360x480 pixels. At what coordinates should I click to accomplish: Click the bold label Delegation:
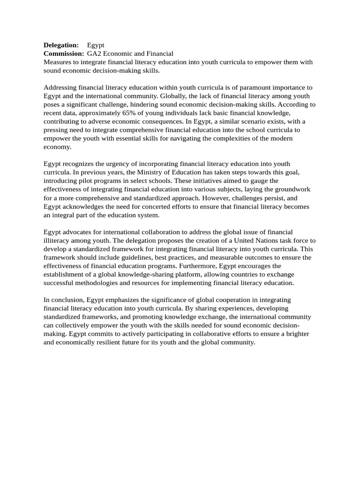(61, 45)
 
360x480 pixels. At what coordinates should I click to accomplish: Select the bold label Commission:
(64, 54)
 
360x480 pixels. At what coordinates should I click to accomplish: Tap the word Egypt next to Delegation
(96, 45)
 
